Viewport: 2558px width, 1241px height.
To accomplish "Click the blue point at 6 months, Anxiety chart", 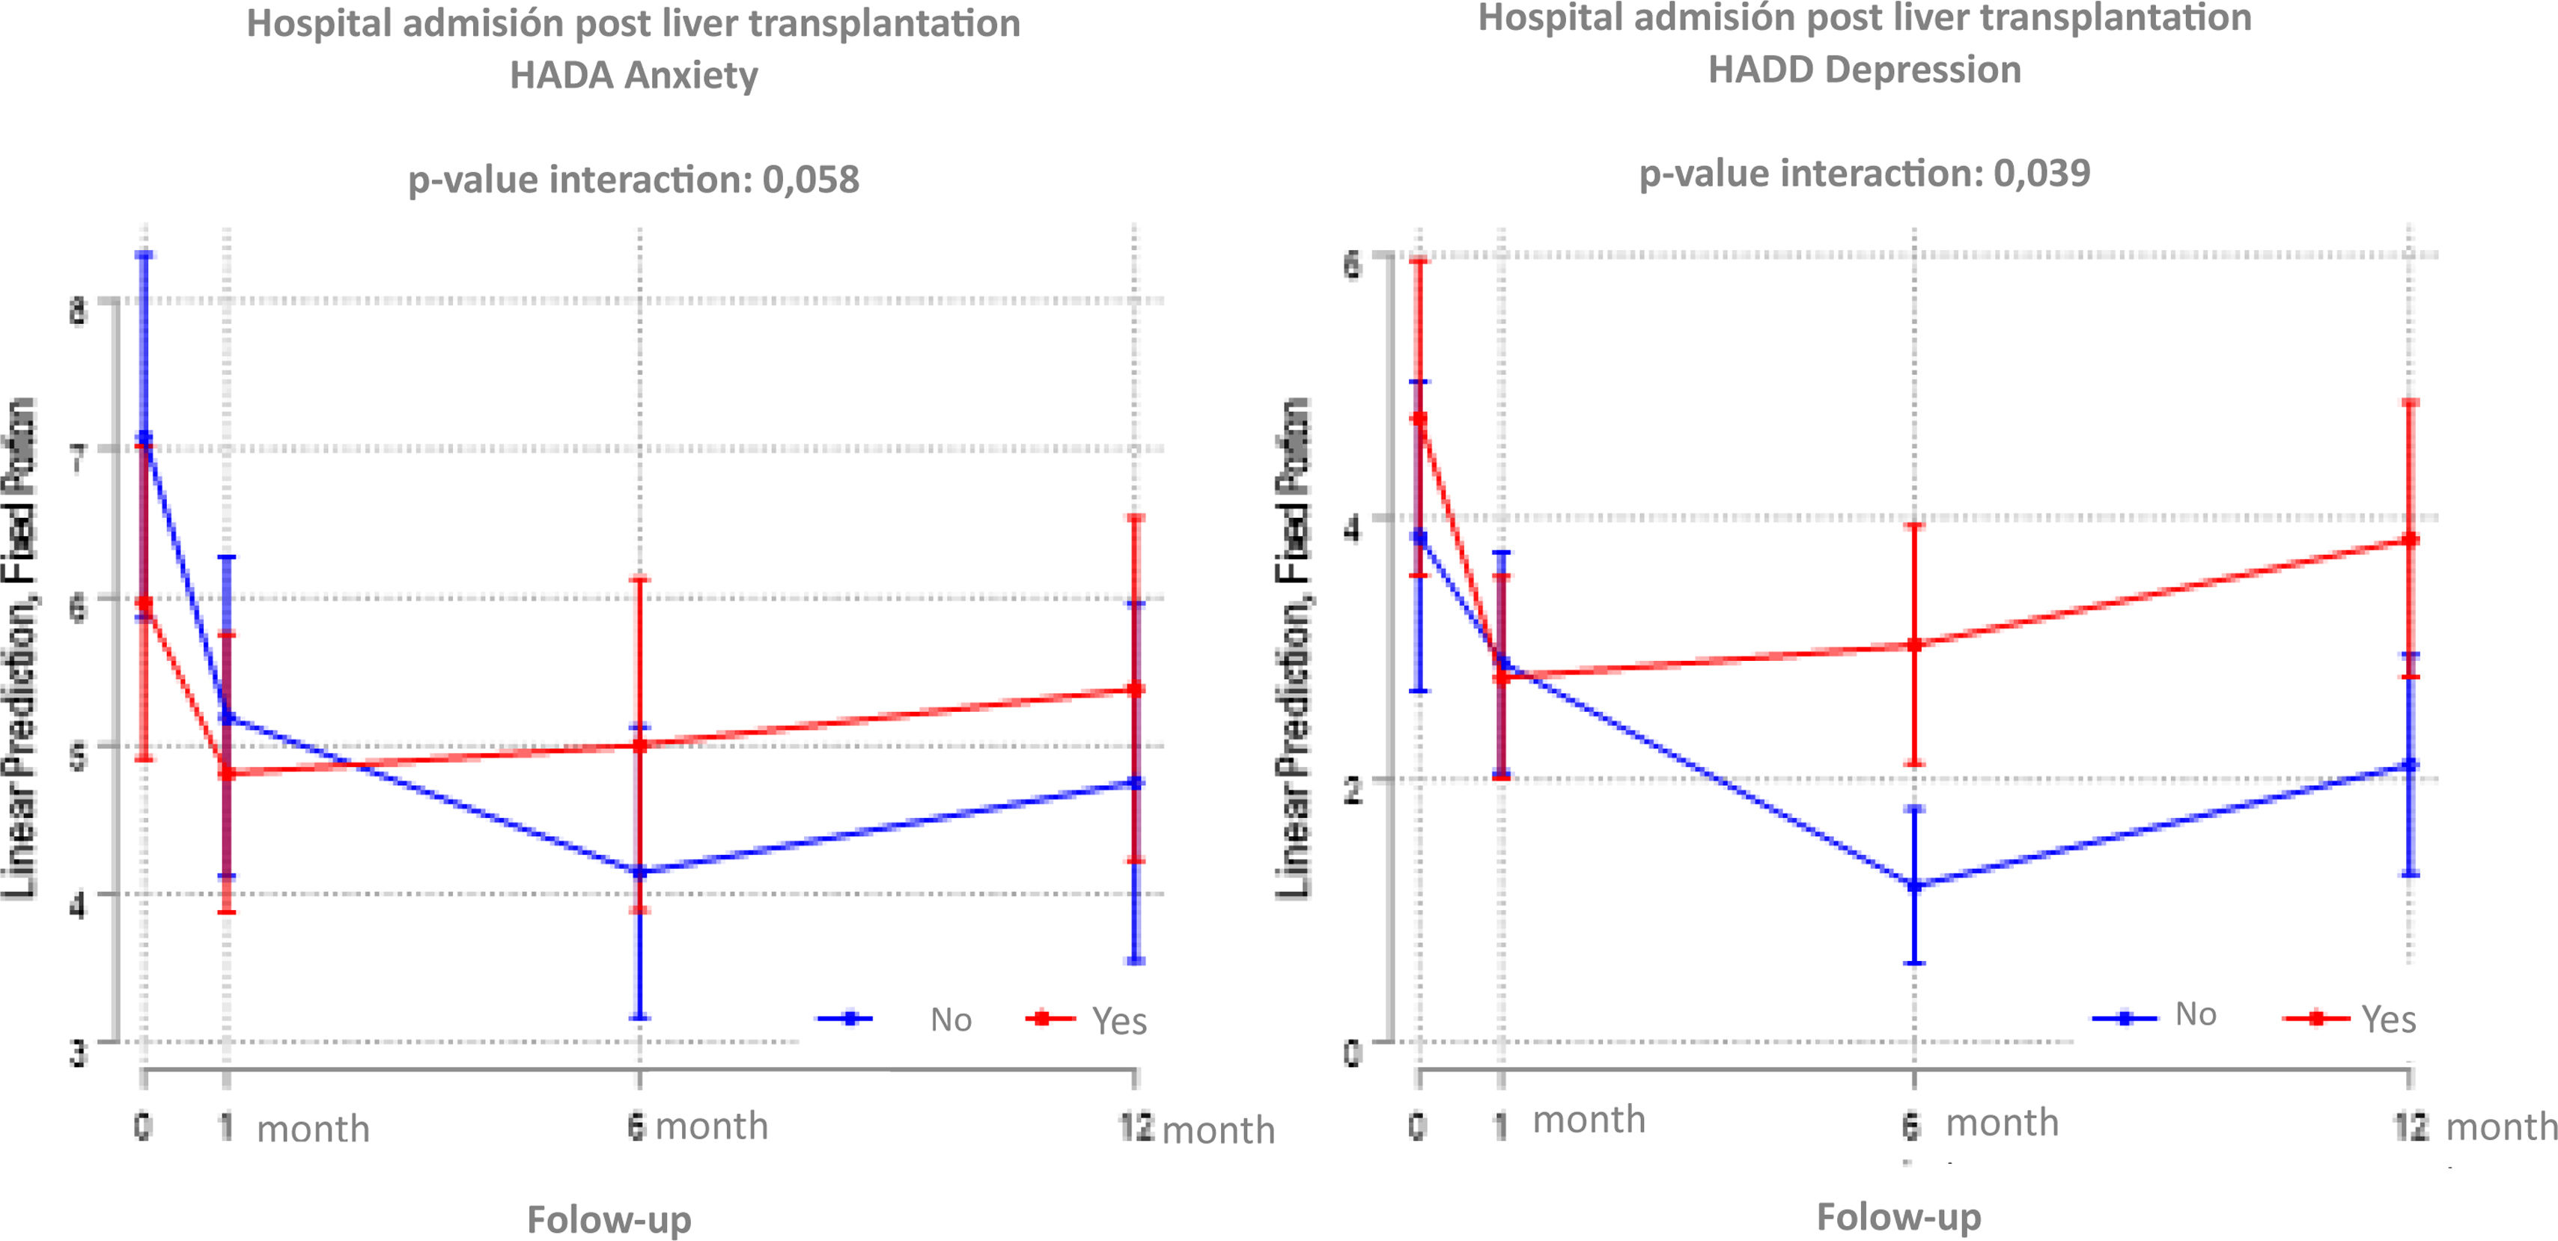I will [x=639, y=872].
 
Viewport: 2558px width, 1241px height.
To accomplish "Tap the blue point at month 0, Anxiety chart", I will [x=145, y=437].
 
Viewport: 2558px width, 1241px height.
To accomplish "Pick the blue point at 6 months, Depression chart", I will [x=1914, y=885].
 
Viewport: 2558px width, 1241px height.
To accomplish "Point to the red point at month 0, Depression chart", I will [x=1419, y=418].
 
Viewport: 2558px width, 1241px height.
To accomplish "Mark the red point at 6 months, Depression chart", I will [x=1914, y=644].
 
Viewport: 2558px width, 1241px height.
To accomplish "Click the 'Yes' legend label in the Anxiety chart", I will [x=1119, y=1021].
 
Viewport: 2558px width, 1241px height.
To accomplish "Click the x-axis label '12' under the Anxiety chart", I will [x=1136, y=1128].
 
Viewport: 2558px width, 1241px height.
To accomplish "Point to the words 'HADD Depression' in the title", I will [x=1864, y=70].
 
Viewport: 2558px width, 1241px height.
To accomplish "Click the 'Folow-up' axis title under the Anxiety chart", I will [x=609, y=1219].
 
